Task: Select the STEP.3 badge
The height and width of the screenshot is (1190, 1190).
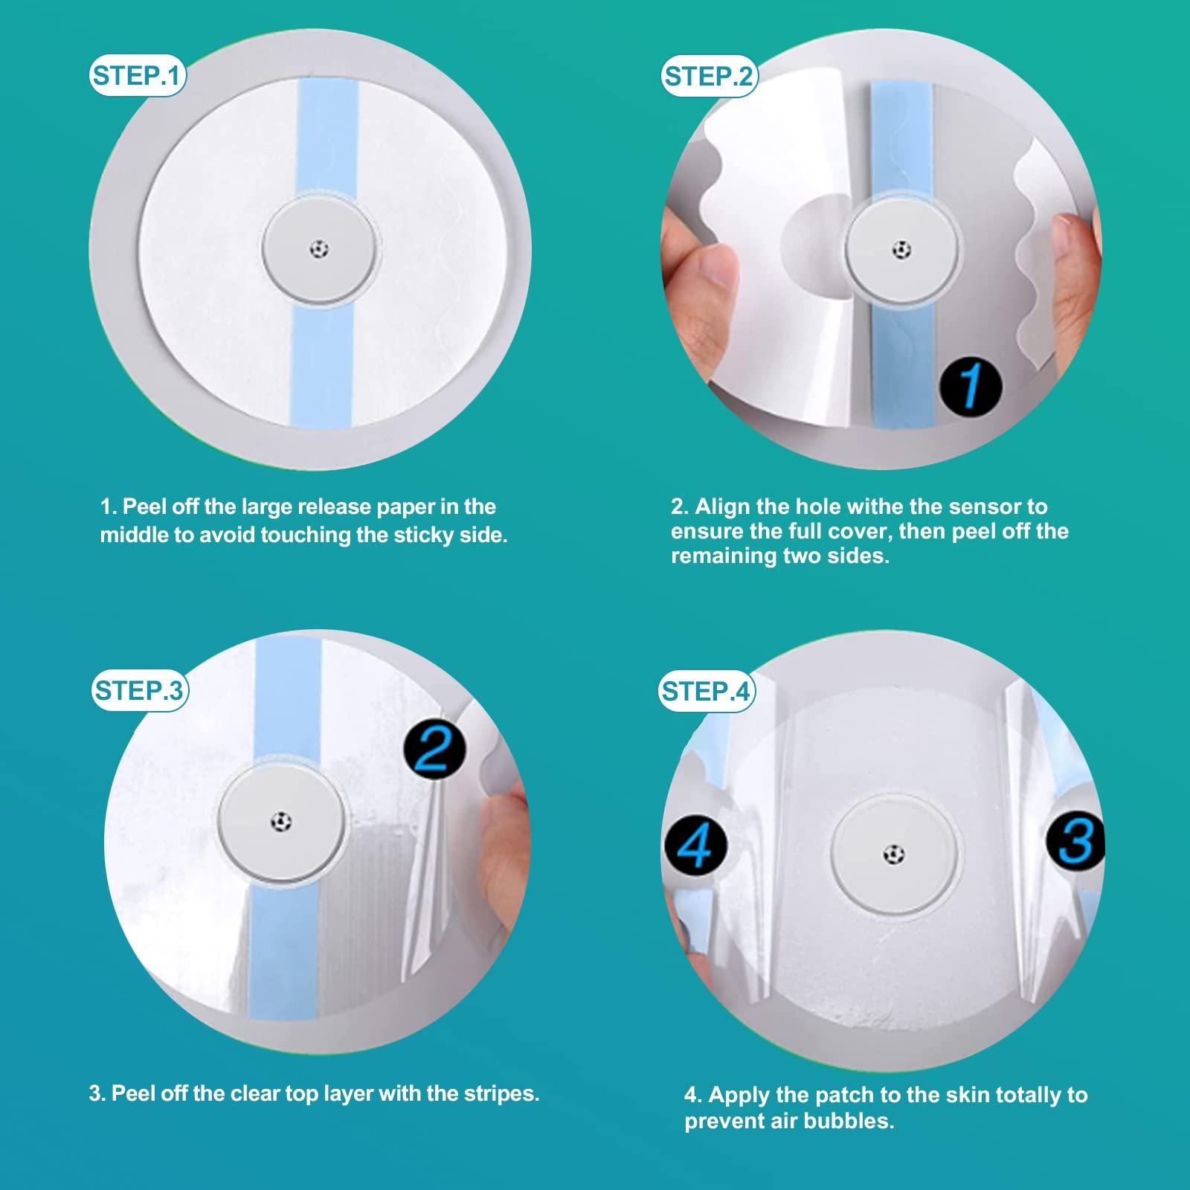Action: tap(138, 690)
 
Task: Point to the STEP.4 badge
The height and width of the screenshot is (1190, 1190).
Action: tap(706, 691)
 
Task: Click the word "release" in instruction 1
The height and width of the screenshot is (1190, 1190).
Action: tap(334, 507)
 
